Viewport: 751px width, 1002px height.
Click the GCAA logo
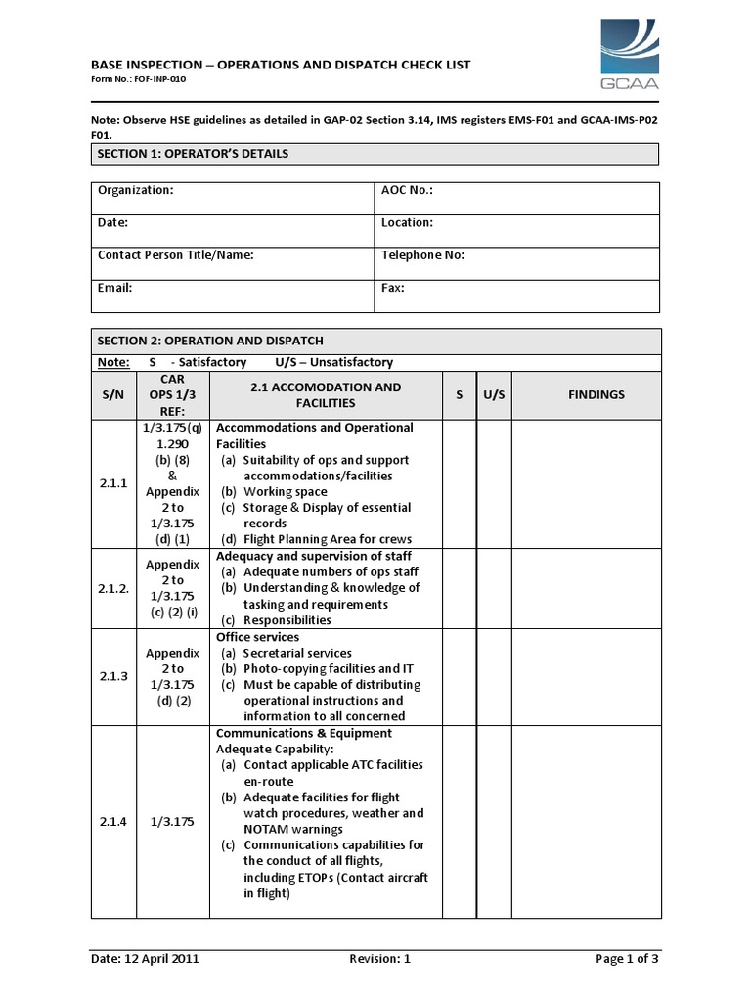coord(629,57)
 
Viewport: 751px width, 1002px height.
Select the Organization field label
coord(135,191)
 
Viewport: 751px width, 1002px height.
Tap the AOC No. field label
coord(407,191)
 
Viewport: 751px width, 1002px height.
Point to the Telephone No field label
coord(422,255)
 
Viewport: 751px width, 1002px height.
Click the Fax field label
coord(392,288)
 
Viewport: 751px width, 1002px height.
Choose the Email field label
coord(114,288)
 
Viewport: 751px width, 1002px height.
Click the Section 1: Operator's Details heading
coord(192,154)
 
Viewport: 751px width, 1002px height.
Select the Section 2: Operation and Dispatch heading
coord(210,341)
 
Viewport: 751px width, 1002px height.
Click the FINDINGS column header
coord(596,395)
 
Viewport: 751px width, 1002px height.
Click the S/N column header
coord(113,395)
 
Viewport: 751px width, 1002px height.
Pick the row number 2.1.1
coord(113,483)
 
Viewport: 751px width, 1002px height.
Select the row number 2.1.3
coord(113,676)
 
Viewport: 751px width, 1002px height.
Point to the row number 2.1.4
coord(113,822)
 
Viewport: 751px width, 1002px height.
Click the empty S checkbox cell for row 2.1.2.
coord(459,588)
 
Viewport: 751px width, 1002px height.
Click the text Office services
coord(257,637)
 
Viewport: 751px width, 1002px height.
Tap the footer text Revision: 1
coord(379,959)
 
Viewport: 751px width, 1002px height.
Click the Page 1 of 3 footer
coord(627,959)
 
